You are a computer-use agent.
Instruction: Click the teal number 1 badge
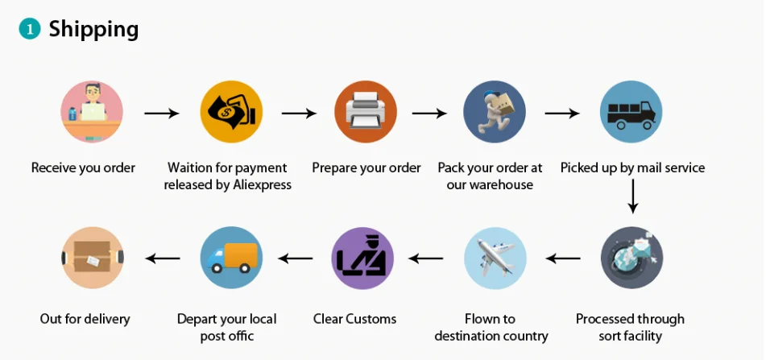click(30, 30)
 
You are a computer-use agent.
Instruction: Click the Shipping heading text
click(93, 29)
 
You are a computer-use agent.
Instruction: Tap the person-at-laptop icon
click(92, 112)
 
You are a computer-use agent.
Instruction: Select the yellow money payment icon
click(231, 112)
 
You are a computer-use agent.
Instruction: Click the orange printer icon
click(366, 112)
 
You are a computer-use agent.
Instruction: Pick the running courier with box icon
click(495, 112)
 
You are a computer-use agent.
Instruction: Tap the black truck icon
click(631, 112)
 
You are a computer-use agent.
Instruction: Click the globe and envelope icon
click(631, 258)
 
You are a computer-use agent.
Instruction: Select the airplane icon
click(495, 258)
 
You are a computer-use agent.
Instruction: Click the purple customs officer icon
click(362, 258)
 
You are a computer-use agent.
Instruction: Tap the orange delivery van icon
click(231, 258)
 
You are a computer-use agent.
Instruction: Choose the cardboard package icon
click(92, 258)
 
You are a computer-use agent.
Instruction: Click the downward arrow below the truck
click(633, 196)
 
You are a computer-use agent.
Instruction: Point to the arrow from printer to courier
click(429, 114)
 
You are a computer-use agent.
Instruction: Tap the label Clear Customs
click(354, 319)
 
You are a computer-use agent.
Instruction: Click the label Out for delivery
click(85, 319)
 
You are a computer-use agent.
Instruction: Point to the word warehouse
click(501, 185)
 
